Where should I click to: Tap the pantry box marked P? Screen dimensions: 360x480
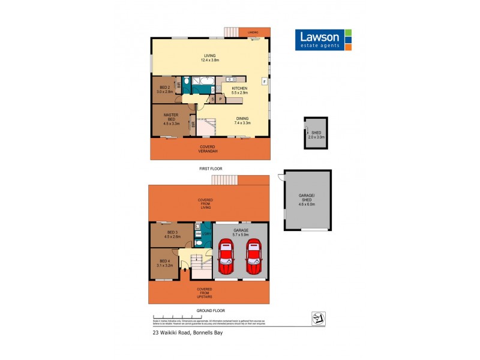[220, 99]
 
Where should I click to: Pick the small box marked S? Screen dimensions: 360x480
[212, 99]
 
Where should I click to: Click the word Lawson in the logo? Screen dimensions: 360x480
[320, 36]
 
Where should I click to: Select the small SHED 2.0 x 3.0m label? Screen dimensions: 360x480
[317, 135]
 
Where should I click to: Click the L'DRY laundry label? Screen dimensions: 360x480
[206, 233]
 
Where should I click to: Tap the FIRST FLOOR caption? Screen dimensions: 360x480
[211, 169]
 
